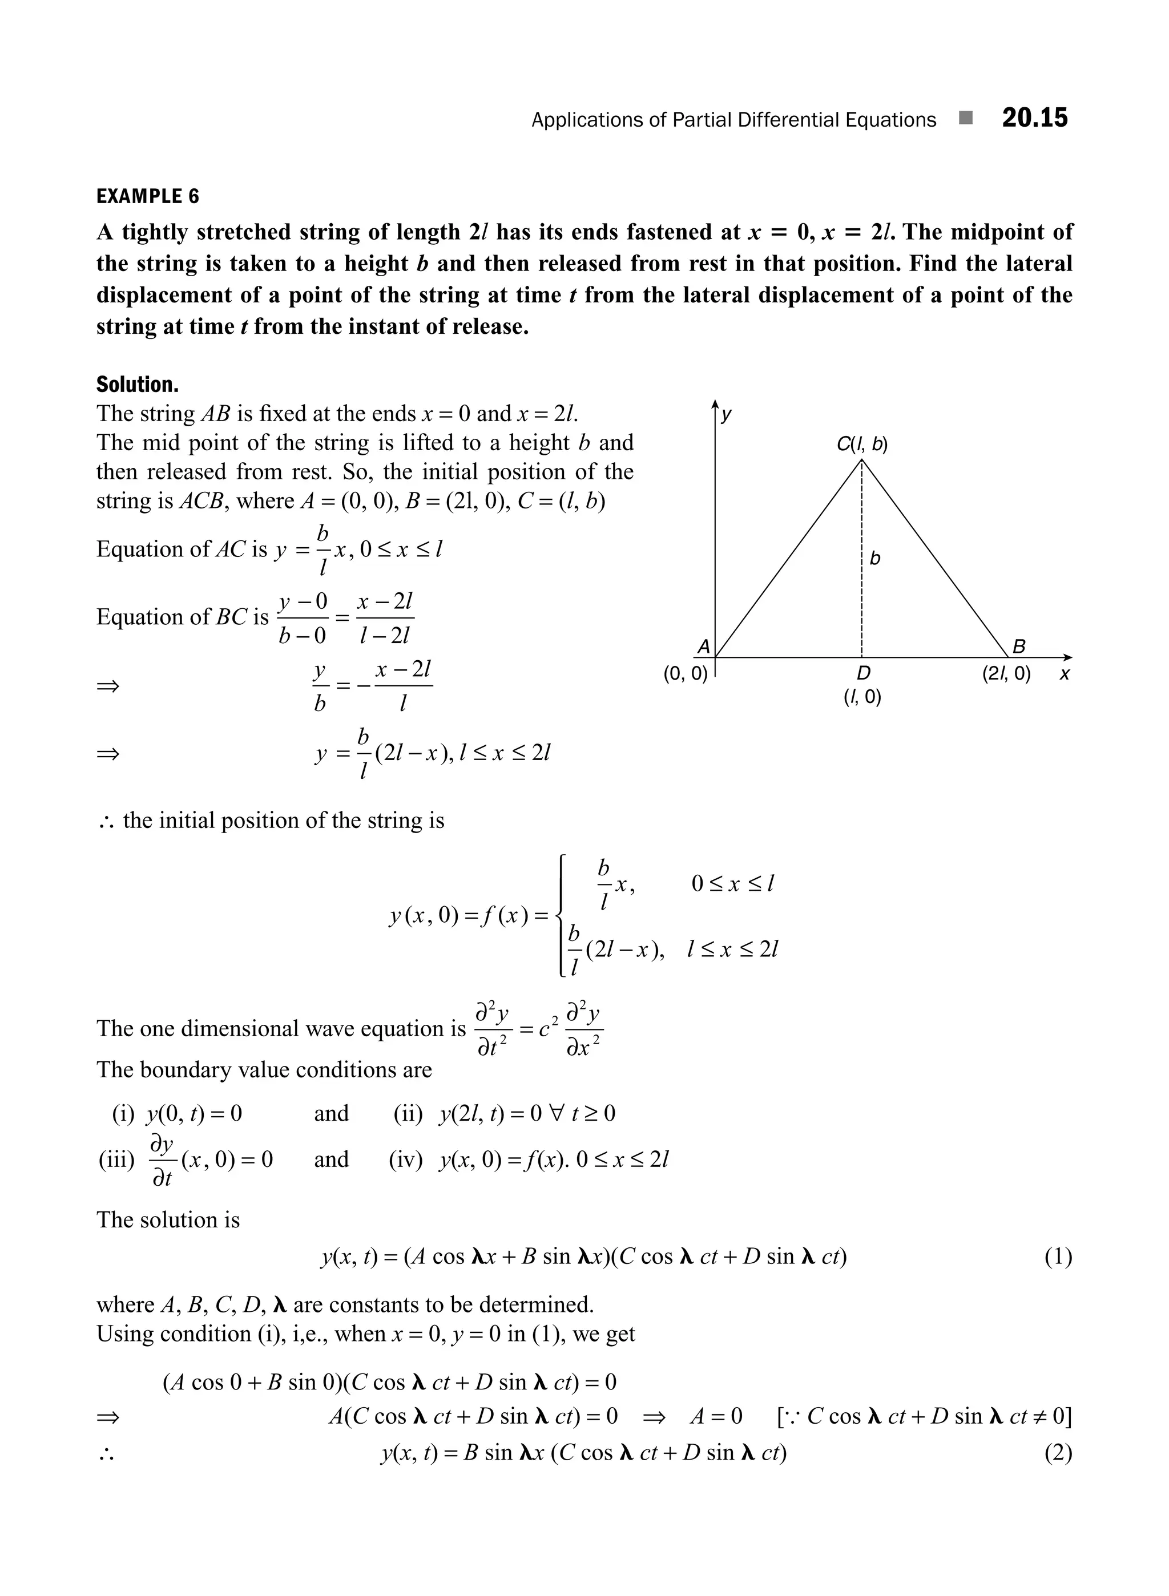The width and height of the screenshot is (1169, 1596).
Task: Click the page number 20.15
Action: click(x=1034, y=118)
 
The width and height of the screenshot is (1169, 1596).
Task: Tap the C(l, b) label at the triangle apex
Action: click(x=862, y=445)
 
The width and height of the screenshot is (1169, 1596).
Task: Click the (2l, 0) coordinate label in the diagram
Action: click(x=1006, y=673)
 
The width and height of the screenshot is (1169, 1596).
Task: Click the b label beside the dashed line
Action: click(x=876, y=558)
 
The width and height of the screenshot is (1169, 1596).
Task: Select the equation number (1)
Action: click(x=1058, y=1256)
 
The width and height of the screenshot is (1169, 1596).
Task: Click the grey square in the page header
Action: click(x=965, y=118)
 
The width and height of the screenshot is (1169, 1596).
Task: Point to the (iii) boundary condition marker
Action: click(x=116, y=1159)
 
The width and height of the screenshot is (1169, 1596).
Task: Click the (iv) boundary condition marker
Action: click(x=405, y=1159)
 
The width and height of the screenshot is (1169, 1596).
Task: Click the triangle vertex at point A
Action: click(x=716, y=657)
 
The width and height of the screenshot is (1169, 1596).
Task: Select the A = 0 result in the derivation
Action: click(x=716, y=1416)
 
